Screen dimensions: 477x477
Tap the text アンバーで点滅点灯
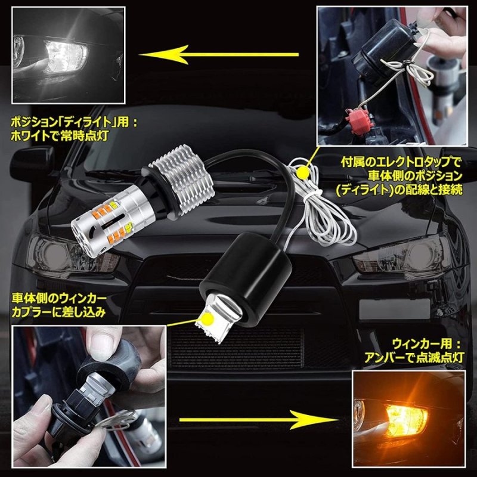click(x=416, y=357)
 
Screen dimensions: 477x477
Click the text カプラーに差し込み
click(x=59, y=310)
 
